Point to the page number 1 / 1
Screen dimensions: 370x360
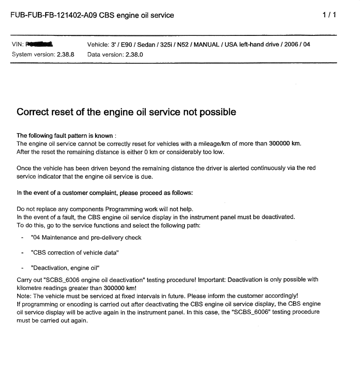pos(329,15)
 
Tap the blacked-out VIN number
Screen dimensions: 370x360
pos(40,45)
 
